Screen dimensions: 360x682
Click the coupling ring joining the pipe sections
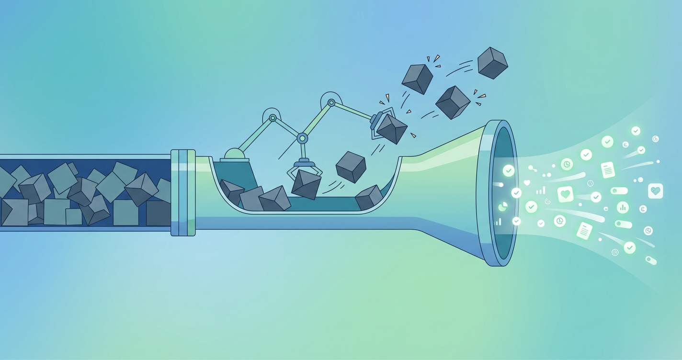pyautogui.click(x=183, y=192)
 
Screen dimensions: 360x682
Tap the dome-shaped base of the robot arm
pyautogui.click(x=234, y=154)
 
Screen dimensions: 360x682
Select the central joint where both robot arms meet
pyautogui.click(x=302, y=138)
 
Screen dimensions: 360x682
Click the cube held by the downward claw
pyautogui.click(x=306, y=184)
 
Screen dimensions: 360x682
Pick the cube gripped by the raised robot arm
pyautogui.click(x=392, y=128)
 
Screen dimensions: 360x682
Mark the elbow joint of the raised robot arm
pyautogui.click(x=331, y=102)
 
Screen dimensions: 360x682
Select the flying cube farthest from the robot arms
pyautogui.click(x=492, y=63)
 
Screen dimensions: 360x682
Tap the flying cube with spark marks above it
pyautogui.click(x=417, y=79)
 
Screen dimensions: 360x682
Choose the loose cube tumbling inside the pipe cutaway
pyautogui.click(x=351, y=167)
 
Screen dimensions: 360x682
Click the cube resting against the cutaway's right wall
pyautogui.click(x=369, y=197)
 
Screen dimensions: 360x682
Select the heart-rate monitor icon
pyautogui.click(x=655, y=191)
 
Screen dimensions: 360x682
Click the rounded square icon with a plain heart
pyautogui.click(x=566, y=194)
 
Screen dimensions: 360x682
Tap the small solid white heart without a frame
pyautogui.click(x=527, y=182)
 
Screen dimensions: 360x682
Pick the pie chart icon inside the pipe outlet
pyautogui.click(x=503, y=206)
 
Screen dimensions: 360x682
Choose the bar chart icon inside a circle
pyautogui.click(x=623, y=207)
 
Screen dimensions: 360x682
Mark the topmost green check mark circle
pyautogui.click(x=636, y=131)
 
